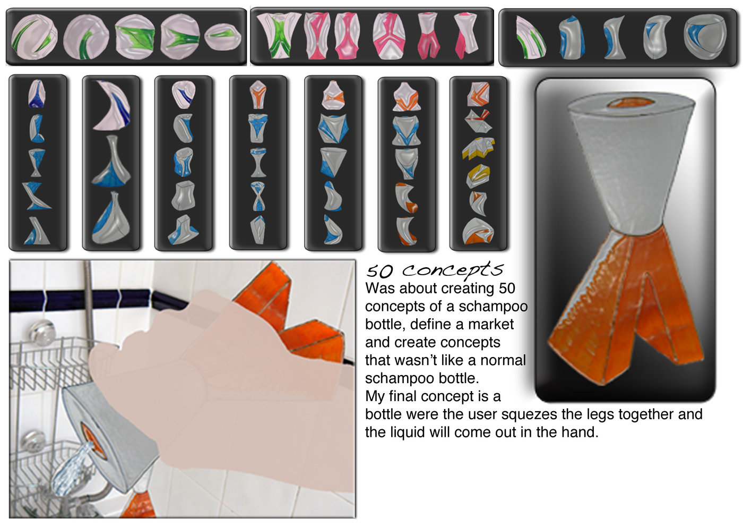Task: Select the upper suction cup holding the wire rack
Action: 41,332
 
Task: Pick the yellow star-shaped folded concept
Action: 478,148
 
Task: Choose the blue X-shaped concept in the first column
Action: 36,196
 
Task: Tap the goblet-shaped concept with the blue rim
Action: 258,163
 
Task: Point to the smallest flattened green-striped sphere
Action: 222,37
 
